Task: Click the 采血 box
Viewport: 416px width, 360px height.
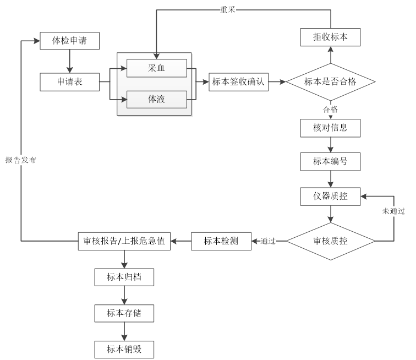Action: (157, 68)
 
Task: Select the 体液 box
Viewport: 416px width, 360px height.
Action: (157, 100)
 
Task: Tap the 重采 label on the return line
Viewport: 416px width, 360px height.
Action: (228, 9)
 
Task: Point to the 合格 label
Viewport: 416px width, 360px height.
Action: (330, 110)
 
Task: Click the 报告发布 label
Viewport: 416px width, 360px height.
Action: (21, 160)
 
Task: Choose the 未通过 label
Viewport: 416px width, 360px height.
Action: (394, 211)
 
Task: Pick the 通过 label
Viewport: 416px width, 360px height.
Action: (268, 241)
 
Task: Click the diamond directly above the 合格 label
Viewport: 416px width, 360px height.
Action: (330, 82)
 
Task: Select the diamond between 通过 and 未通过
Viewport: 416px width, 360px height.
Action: (330, 241)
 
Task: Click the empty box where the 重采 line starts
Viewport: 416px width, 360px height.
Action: (330, 37)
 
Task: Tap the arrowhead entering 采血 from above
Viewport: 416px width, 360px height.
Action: (157, 56)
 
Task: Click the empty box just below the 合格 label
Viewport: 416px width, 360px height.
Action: (330, 128)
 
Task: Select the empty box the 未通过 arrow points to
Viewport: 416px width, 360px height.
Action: (330, 197)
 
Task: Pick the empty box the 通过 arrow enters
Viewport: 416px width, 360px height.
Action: (221, 241)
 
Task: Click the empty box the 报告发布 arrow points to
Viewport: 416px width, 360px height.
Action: (69, 41)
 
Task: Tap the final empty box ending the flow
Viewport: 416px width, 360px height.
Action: (124, 350)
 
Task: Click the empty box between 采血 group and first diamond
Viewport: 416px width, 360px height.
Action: (239, 82)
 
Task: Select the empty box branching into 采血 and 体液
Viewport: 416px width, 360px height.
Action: (69, 82)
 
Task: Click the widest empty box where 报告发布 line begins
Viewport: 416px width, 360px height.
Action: (124, 241)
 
